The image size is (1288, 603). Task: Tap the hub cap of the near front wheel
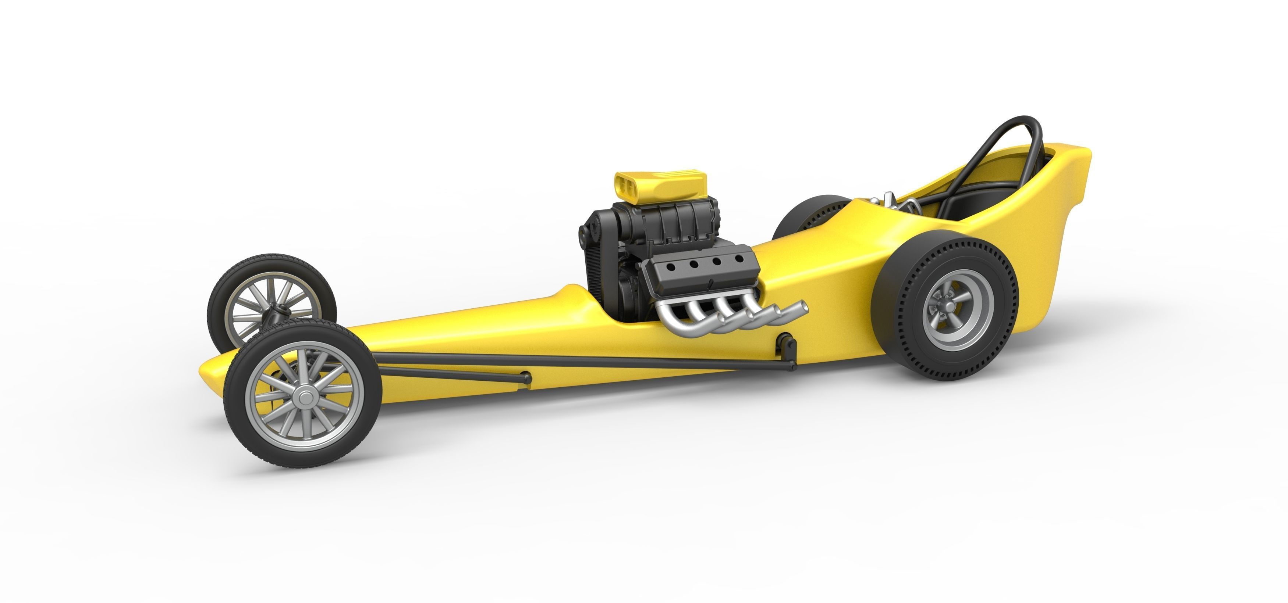tap(302, 398)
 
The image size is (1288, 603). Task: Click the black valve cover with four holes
tap(700, 270)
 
